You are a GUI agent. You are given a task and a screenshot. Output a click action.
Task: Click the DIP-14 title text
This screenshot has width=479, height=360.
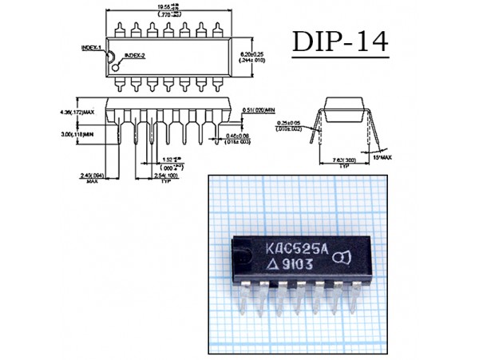[340, 42]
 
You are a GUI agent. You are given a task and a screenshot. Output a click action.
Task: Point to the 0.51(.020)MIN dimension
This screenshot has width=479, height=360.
[259, 109]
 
